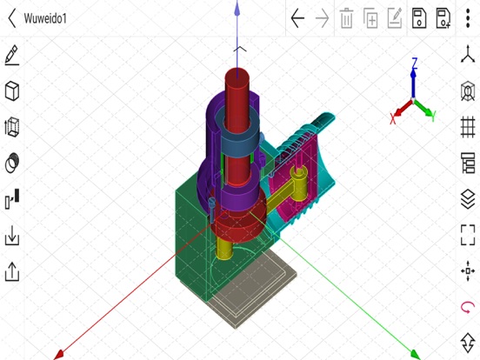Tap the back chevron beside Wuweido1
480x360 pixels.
pyautogui.click(x=12, y=18)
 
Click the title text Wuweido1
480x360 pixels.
pyautogui.click(x=47, y=18)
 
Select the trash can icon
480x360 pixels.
pyautogui.click(x=346, y=18)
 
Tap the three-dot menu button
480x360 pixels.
pyautogui.click(x=468, y=18)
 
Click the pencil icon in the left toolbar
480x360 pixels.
pyautogui.click(x=12, y=56)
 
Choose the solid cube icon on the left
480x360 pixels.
pyautogui.click(x=12, y=91)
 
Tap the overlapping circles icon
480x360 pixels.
pyautogui.click(x=12, y=163)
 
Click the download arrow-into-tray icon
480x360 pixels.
pyautogui.click(x=12, y=236)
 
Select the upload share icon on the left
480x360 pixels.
pyautogui.click(x=12, y=271)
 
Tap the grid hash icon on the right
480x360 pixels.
pyautogui.click(x=468, y=127)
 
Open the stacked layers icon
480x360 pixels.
pyautogui.click(x=468, y=199)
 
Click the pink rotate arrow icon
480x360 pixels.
pyautogui.click(x=468, y=307)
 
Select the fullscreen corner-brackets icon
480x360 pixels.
pyautogui.click(x=468, y=235)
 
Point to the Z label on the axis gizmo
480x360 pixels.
pyautogui.click(x=415, y=63)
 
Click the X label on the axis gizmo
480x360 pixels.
pyautogui.click(x=393, y=121)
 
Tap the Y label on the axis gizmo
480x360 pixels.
pyautogui.click(x=432, y=116)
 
